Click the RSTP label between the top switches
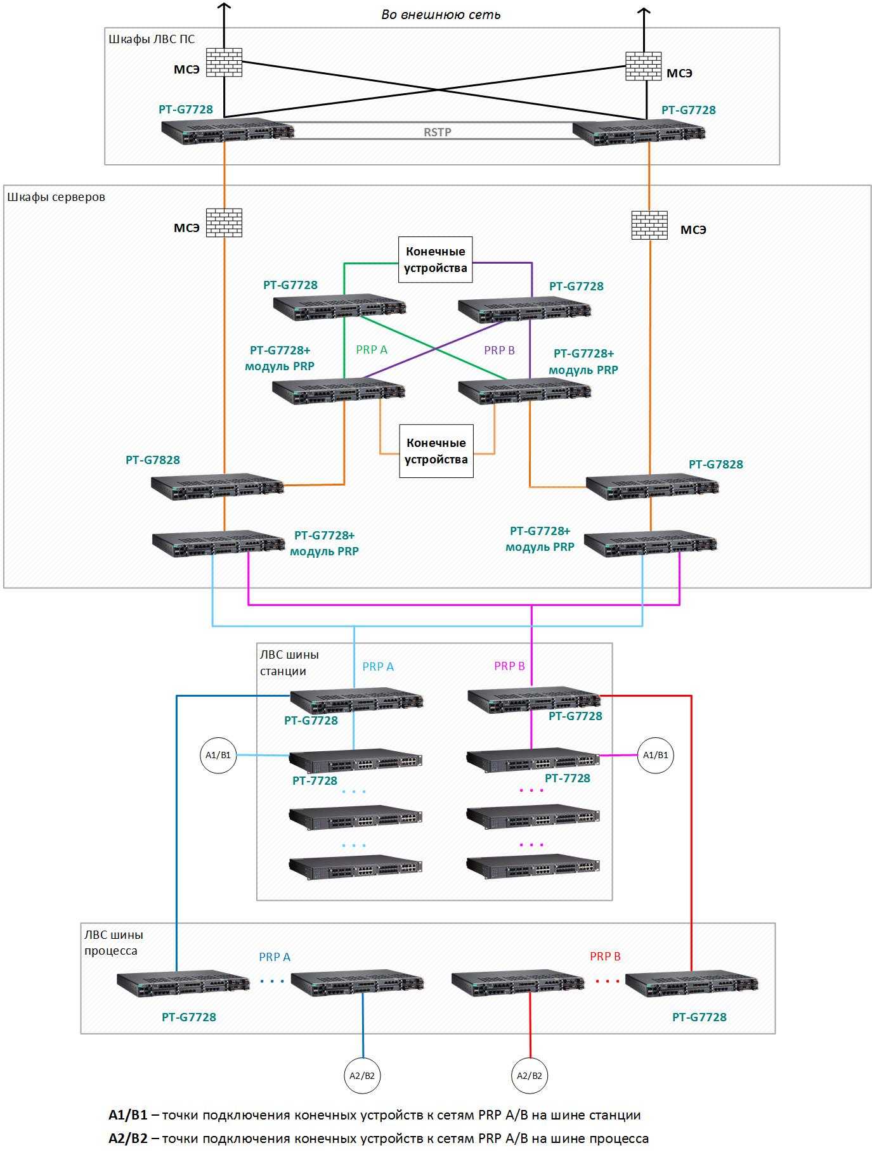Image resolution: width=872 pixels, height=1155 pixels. [x=438, y=132]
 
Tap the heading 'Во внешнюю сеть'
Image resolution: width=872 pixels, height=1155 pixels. [x=441, y=14]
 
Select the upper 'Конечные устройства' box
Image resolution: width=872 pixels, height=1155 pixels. [x=436, y=259]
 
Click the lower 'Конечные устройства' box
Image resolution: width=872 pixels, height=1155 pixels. [x=436, y=451]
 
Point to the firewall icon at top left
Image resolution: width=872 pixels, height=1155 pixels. [x=225, y=61]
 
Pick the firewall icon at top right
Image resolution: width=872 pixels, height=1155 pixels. [x=643, y=66]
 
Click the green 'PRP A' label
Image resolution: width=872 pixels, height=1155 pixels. [x=372, y=349]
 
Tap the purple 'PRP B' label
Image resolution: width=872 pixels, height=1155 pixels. [x=499, y=350]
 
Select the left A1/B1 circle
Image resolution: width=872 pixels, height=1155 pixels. [x=218, y=755]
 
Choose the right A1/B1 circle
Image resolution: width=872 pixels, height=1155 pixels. [x=655, y=755]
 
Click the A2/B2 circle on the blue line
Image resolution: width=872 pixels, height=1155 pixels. [x=362, y=1075]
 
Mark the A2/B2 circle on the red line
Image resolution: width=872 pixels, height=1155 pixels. [x=530, y=1075]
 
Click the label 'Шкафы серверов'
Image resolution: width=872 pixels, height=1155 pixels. [x=56, y=197]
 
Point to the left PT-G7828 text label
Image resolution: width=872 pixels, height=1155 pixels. [x=153, y=460]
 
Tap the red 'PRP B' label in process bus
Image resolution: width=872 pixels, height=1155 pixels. [x=605, y=956]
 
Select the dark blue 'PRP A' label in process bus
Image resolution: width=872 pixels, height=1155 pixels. [x=275, y=957]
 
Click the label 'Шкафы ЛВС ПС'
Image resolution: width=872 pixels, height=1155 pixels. [x=152, y=39]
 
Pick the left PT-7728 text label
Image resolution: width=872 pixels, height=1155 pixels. [x=315, y=780]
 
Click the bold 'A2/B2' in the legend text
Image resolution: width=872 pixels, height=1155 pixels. [x=128, y=1138]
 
